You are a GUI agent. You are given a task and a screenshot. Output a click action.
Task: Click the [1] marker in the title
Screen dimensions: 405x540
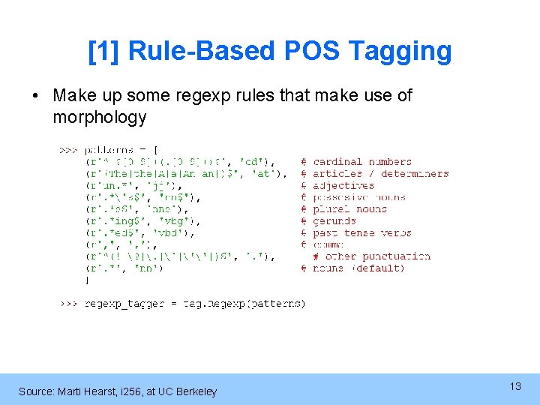coord(104,52)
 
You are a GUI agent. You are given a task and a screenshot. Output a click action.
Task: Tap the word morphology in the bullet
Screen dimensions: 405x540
coord(99,118)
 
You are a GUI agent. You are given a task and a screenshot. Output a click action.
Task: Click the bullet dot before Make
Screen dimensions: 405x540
coord(36,96)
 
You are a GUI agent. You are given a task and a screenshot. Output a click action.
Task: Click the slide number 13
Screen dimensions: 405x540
coord(515,386)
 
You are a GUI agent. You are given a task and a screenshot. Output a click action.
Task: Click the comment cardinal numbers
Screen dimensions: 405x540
coord(362,162)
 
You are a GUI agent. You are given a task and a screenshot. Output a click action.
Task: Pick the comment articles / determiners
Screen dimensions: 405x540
coord(380,174)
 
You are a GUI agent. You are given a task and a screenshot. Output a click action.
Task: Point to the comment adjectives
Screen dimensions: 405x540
coord(343,186)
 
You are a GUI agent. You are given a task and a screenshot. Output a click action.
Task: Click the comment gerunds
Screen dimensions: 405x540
coord(334,221)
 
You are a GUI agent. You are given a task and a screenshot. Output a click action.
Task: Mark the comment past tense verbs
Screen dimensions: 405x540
coord(362,233)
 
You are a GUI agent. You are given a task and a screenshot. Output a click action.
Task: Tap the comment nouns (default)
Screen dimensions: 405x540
coord(358,268)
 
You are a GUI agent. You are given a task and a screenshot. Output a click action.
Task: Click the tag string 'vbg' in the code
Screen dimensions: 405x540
coord(181,221)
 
